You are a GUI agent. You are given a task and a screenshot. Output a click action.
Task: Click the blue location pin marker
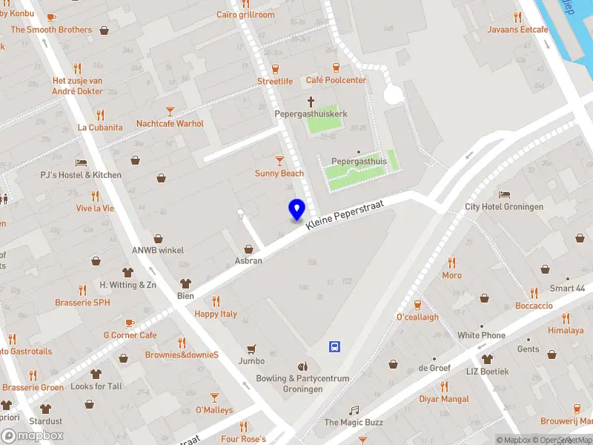tap(296, 210)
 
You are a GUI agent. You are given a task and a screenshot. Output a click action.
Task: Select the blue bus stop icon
tap(335, 346)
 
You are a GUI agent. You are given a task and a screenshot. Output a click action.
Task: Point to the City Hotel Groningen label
tap(504, 207)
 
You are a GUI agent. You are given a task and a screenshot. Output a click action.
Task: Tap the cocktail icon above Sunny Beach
tap(279, 160)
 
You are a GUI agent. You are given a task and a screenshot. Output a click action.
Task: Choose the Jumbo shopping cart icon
tap(251, 349)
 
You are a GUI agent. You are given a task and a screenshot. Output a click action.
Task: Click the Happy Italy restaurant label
tap(216, 314)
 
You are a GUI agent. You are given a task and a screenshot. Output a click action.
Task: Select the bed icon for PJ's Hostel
tap(81, 162)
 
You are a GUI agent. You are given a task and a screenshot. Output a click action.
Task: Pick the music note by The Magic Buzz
tap(354, 410)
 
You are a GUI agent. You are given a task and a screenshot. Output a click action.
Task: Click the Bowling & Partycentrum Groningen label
tap(302, 383)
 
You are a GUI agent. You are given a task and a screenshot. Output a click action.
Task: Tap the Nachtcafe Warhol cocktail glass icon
tap(170, 111)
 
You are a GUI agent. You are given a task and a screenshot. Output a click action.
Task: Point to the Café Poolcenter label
tap(336, 80)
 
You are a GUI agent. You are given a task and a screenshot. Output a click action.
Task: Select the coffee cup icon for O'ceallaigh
tap(417, 304)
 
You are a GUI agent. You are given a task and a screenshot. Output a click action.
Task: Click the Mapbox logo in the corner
tap(32, 436)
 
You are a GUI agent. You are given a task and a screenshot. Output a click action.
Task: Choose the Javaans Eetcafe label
tap(517, 30)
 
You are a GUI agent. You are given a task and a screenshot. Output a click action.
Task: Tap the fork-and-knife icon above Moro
tap(451, 263)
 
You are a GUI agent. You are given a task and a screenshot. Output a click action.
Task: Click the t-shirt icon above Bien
tap(185, 283)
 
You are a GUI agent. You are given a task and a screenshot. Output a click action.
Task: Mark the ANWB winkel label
tap(158, 250)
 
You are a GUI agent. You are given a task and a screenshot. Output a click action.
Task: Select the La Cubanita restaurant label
tap(100, 127)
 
